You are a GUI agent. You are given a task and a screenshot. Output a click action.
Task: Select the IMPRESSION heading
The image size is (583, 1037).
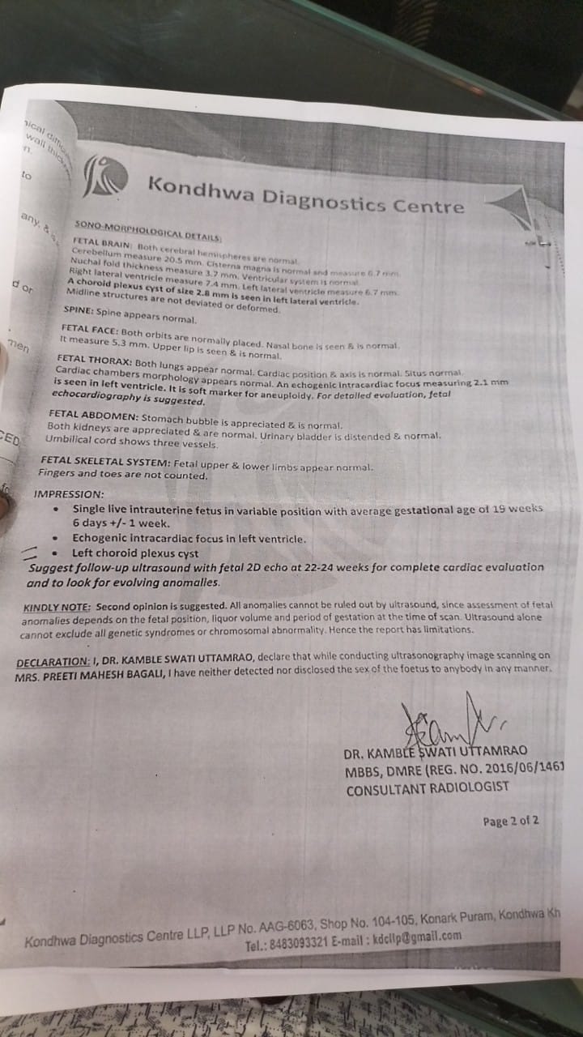pyautogui.click(x=69, y=493)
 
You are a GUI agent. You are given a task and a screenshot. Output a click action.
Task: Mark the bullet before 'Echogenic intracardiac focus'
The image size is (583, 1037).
pyautogui.click(x=54, y=537)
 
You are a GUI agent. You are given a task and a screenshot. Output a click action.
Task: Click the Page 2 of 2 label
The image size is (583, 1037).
pyautogui.click(x=510, y=821)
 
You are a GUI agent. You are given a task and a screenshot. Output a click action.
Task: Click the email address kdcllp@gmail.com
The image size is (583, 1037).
pyautogui.click(x=416, y=938)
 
